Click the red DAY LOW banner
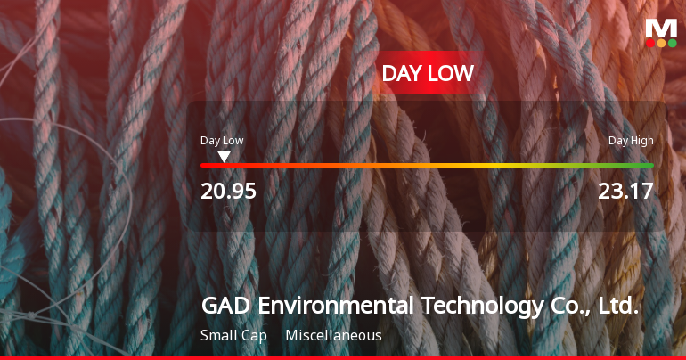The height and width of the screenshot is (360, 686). (x=428, y=74)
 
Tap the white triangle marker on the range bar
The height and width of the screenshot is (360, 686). (x=225, y=157)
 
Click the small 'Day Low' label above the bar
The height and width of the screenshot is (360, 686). (x=222, y=141)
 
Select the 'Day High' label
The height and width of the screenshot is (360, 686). (x=631, y=141)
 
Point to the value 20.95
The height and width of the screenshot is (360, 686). (x=228, y=191)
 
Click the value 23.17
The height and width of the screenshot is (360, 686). (x=626, y=191)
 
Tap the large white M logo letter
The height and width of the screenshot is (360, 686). (x=661, y=27)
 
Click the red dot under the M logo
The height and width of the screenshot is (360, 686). (x=650, y=43)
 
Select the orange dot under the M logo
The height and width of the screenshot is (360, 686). (x=661, y=43)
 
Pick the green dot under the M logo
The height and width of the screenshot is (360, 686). (x=672, y=43)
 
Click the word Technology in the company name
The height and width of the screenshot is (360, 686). (x=481, y=307)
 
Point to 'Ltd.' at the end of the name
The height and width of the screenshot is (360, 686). (x=618, y=307)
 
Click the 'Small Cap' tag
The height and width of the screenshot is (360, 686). (x=234, y=336)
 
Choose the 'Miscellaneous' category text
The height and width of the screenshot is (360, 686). (x=333, y=336)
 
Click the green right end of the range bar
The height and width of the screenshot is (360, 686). (x=647, y=165)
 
